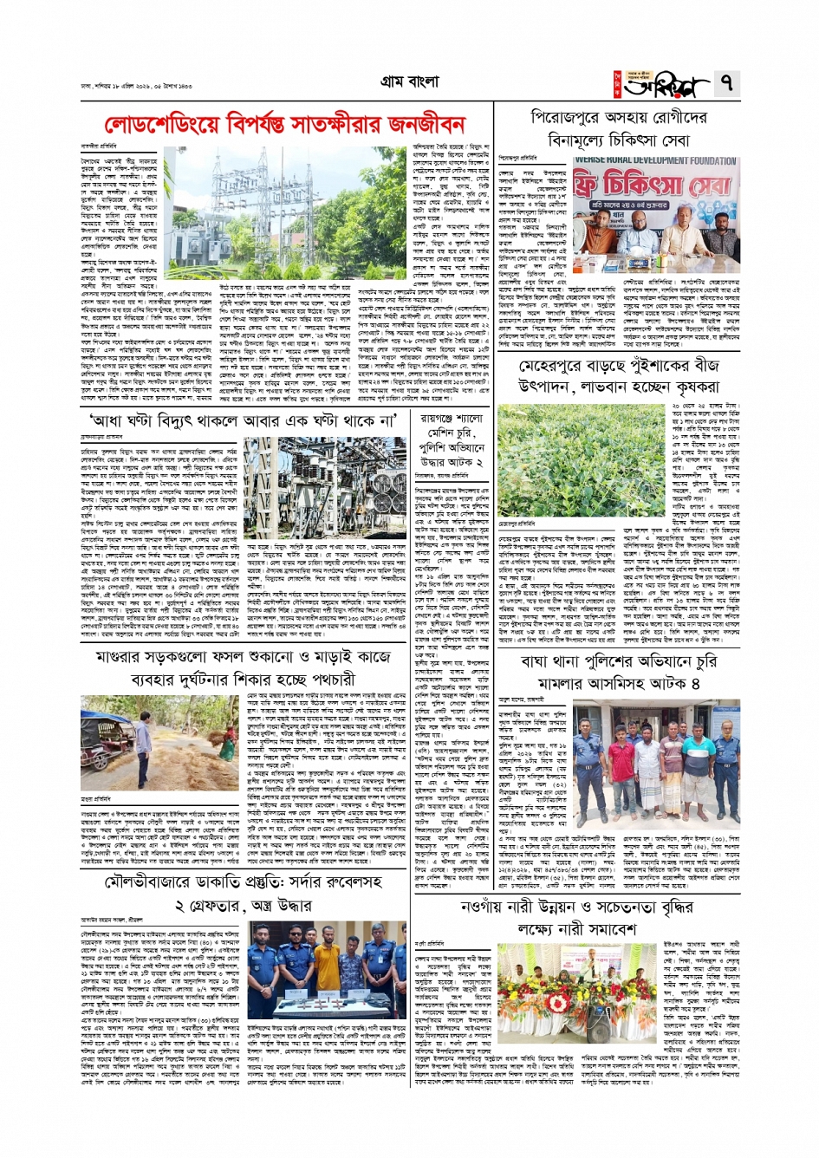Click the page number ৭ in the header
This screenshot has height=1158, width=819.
click(725, 83)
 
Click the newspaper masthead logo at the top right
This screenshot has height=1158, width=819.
click(668, 85)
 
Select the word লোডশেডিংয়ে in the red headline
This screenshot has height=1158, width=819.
click(160, 126)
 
